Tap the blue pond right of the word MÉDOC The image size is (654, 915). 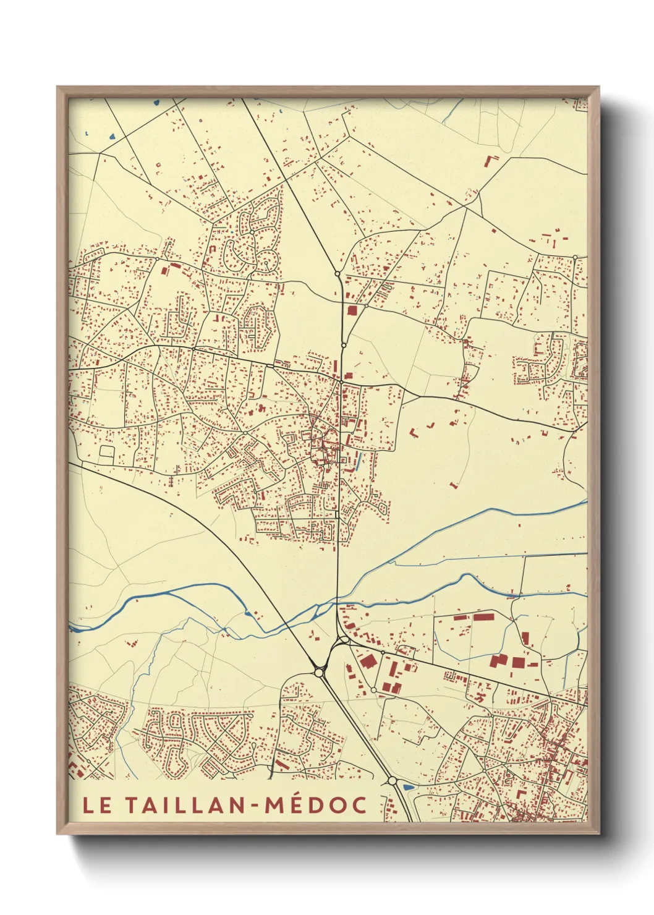[x=408, y=787]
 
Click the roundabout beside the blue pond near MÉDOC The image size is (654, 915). [x=392, y=781]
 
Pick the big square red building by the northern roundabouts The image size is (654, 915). [x=352, y=310]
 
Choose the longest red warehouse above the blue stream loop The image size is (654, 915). [x=483, y=616]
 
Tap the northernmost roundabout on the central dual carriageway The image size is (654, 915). [x=337, y=273]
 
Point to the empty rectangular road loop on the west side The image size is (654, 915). [x=106, y=454]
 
